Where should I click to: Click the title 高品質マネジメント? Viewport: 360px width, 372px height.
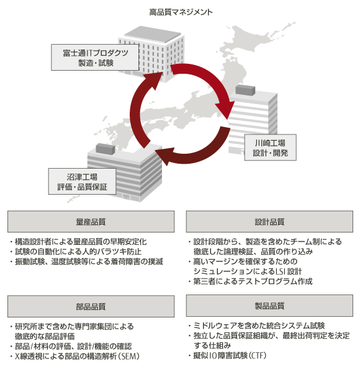[181, 12]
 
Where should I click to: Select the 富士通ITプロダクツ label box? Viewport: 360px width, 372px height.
[95, 57]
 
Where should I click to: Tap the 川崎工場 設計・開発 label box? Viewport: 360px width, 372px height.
[270, 148]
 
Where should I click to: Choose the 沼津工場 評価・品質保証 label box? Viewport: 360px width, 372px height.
[82, 182]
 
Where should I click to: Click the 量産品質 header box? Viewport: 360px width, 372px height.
[91, 221]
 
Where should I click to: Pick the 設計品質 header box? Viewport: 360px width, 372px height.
[269, 221]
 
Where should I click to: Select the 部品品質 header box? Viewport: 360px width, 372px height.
[91, 306]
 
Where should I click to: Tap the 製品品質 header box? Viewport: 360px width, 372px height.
[269, 306]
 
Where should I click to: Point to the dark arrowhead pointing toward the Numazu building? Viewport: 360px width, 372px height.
[164, 156]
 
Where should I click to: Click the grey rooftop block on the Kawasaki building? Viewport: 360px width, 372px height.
[245, 90]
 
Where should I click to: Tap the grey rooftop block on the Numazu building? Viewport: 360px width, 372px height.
[105, 149]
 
